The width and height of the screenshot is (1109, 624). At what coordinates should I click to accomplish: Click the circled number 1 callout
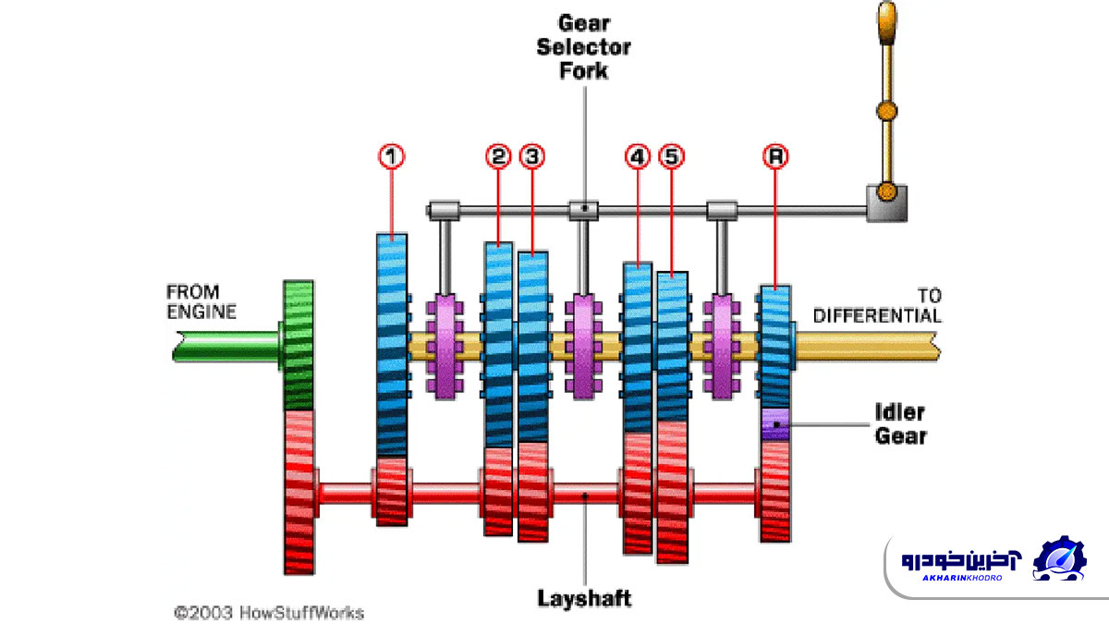click(x=393, y=157)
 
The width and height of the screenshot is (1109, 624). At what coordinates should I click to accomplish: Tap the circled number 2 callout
click(x=498, y=157)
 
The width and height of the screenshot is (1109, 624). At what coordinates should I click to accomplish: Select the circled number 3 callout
click(x=531, y=157)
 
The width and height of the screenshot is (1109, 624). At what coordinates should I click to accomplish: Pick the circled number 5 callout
click(x=672, y=157)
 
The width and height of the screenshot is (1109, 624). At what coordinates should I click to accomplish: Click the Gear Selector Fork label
click(x=584, y=46)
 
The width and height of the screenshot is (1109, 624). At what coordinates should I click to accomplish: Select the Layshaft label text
click(x=584, y=598)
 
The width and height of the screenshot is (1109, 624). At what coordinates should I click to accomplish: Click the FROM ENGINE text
click(x=201, y=302)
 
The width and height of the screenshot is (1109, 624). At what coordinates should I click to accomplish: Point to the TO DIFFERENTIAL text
click(x=877, y=306)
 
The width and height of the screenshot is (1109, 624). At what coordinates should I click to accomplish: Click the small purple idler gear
click(x=775, y=424)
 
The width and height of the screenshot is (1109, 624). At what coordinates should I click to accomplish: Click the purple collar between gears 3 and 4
click(x=583, y=347)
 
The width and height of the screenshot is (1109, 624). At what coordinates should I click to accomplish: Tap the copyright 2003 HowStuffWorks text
click(x=269, y=612)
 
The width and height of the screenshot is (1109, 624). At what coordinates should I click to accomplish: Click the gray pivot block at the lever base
click(x=885, y=202)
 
